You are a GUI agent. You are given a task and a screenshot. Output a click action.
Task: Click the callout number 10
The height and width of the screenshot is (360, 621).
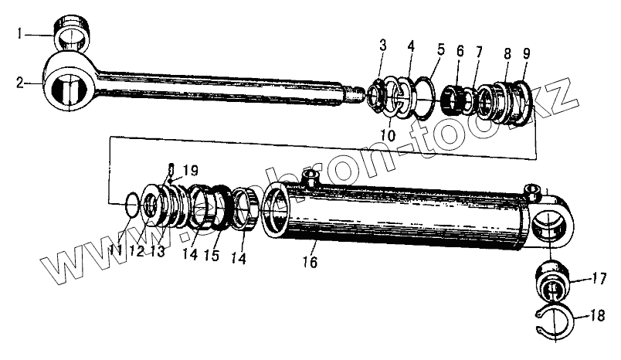point(386,136)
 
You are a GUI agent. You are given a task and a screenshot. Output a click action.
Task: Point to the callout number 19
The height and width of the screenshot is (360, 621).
point(191,170)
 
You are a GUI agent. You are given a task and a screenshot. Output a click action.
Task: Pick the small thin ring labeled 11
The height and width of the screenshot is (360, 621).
point(132,204)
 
